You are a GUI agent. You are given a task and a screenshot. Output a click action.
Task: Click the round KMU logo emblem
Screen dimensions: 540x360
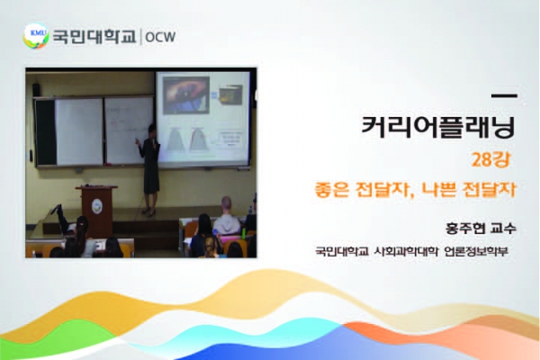[36, 36]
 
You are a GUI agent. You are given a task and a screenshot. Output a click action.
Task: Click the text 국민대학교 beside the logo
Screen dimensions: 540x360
[94, 36]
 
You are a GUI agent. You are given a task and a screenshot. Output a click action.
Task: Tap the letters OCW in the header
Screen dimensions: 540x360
[160, 37]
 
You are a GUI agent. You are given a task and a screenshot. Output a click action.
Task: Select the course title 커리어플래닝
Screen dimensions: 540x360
[438, 126]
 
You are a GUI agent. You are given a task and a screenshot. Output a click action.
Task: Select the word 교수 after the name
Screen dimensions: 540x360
[503, 229]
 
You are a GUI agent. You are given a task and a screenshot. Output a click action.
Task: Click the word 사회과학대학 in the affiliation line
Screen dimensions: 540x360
[406, 251]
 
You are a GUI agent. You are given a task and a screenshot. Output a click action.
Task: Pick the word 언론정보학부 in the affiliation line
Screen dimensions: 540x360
[476, 251]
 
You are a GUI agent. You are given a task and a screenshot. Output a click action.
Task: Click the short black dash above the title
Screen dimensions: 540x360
[504, 95]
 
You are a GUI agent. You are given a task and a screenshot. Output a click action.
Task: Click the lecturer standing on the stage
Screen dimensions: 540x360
[149, 169]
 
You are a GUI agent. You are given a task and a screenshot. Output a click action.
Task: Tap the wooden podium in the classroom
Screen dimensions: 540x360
[97, 209]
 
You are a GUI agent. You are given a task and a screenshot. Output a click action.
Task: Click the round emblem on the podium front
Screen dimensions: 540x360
[97, 206]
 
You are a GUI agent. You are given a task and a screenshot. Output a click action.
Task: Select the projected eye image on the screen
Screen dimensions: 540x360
[186, 95]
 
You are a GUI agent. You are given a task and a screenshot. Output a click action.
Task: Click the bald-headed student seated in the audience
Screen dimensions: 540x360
[227, 216]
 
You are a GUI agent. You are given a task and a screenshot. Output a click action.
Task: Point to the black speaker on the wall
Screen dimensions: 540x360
[36, 90]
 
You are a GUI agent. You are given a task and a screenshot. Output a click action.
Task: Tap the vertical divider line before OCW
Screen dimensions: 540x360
[141, 37]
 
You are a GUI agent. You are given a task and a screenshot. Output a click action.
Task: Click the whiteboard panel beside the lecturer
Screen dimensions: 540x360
[129, 130]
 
